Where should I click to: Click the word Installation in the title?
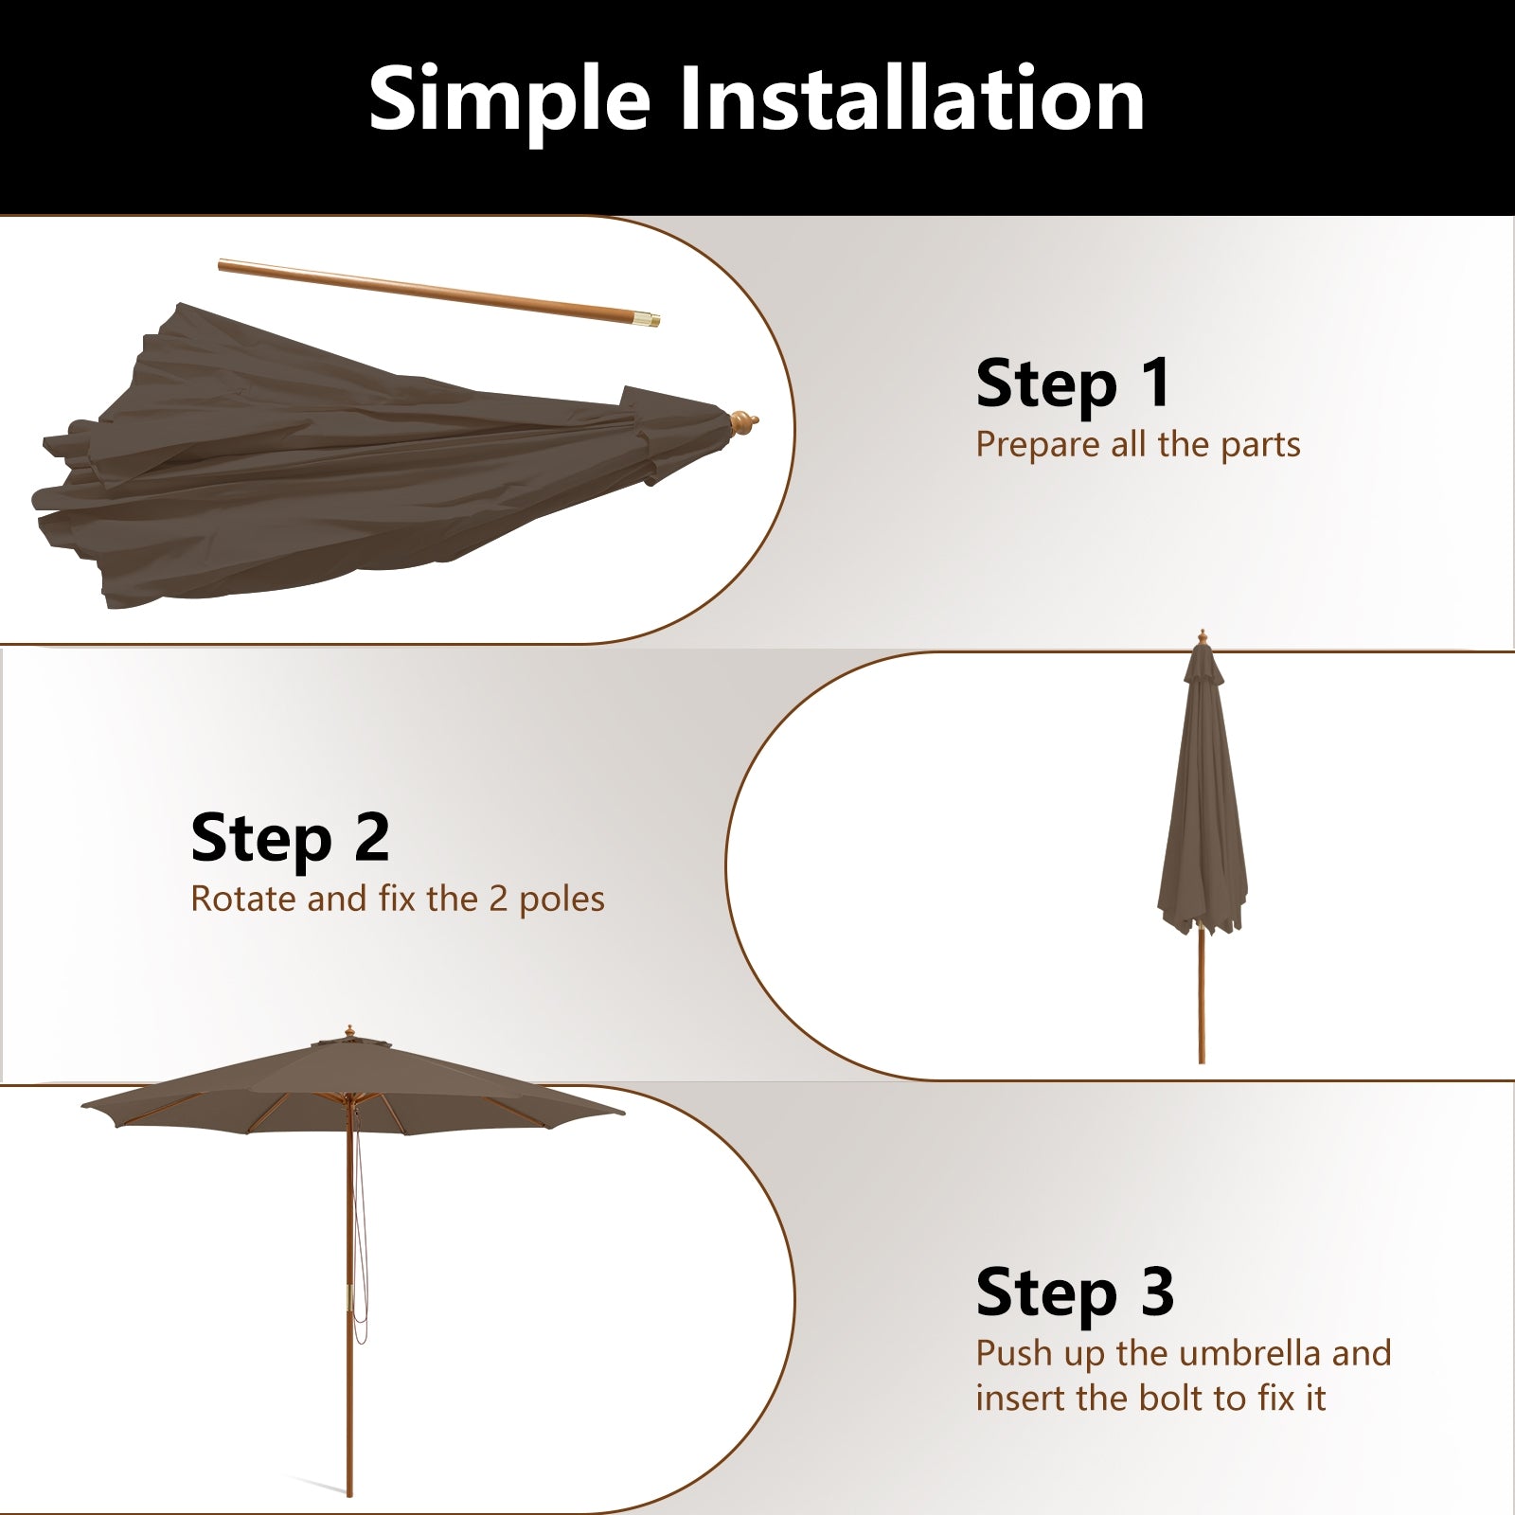pos(912,98)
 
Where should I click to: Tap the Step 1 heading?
pos(1073,383)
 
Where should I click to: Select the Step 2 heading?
pos(290,838)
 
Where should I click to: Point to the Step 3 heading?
pos(1075,1292)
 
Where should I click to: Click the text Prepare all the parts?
pos(1137,444)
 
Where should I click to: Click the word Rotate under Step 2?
pos(242,899)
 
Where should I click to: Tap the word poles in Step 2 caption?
pos(561,900)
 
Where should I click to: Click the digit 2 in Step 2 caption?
pos(498,899)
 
